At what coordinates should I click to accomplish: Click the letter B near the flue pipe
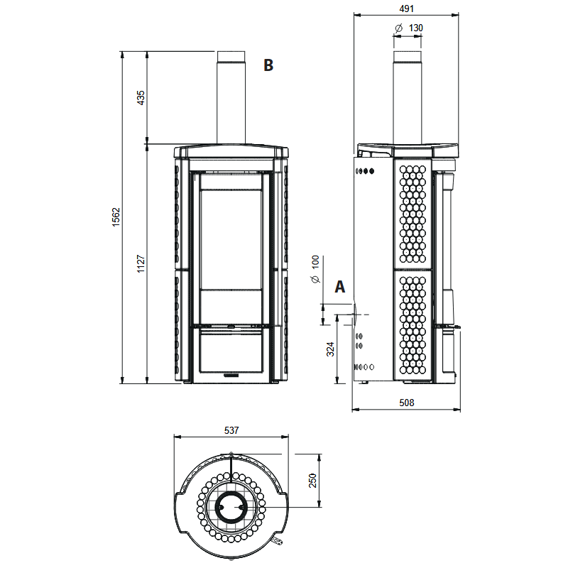[268, 65]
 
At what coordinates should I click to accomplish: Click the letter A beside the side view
[340, 287]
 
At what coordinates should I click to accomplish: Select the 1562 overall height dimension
[116, 217]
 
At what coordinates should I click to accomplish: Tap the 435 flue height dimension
[141, 98]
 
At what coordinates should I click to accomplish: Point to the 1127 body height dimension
[141, 263]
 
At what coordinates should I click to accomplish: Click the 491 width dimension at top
[406, 9]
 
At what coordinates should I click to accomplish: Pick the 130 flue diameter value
[416, 28]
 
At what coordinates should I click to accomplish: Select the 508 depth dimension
[406, 403]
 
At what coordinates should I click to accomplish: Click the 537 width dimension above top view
[231, 430]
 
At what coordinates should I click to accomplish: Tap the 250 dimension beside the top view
[312, 481]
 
